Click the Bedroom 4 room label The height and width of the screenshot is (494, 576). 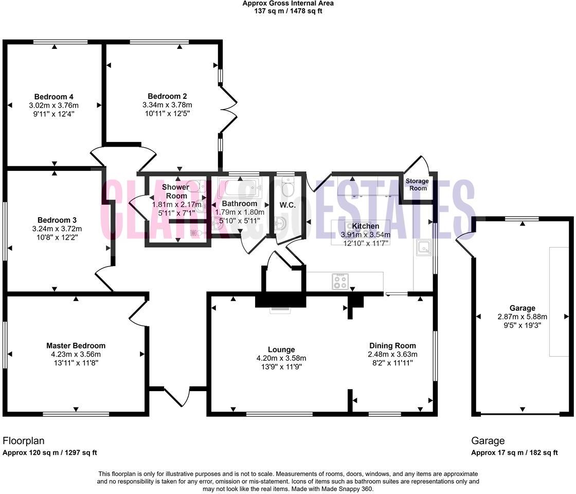point(54,97)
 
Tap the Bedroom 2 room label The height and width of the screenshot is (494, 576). point(167,96)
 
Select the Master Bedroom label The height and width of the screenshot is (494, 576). point(76,346)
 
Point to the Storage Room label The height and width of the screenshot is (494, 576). point(417,184)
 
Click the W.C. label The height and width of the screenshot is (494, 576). point(286,205)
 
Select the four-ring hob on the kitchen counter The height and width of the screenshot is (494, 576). point(340,281)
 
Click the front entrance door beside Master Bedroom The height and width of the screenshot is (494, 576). point(177,397)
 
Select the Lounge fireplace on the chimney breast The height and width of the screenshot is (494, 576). point(281,309)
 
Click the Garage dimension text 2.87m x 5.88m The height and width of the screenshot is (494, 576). point(522,317)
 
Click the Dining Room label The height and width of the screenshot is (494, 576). point(392,346)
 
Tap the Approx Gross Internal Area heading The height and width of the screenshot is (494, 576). point(288,3)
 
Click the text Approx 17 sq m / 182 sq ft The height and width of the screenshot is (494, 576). point(515,453)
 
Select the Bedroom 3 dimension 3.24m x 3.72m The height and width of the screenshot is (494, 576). point(57,229)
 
